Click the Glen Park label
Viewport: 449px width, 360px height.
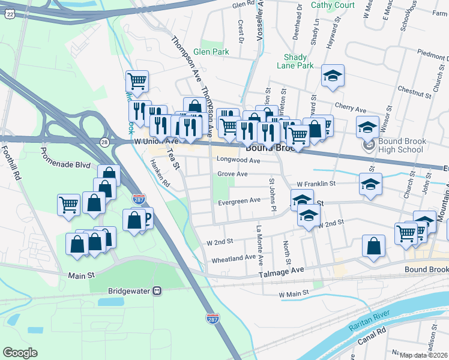(x=211, y=52)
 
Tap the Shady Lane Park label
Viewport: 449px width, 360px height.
(x=299, y=61)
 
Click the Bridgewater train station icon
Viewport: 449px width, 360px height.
(x=157, y=291)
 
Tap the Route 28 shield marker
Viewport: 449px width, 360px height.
(x=104, y=142)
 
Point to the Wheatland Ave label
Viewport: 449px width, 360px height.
(x=234, y=259)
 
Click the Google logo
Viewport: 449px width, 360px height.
(x=20, y=353)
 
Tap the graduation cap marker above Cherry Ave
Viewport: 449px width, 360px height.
(x=333, y=76)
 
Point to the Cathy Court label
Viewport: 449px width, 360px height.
(x=333, y=5)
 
